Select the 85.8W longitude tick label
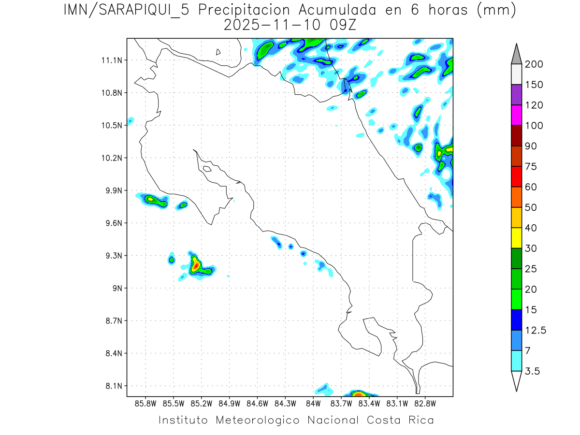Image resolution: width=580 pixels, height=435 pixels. (146, 403)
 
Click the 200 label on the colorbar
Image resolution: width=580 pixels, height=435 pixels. (534, 64)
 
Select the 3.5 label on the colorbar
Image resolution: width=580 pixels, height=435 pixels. (533, 371)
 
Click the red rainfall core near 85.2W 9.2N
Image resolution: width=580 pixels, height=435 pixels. (195, 265)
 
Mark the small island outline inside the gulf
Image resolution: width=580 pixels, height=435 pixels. (207, 169)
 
